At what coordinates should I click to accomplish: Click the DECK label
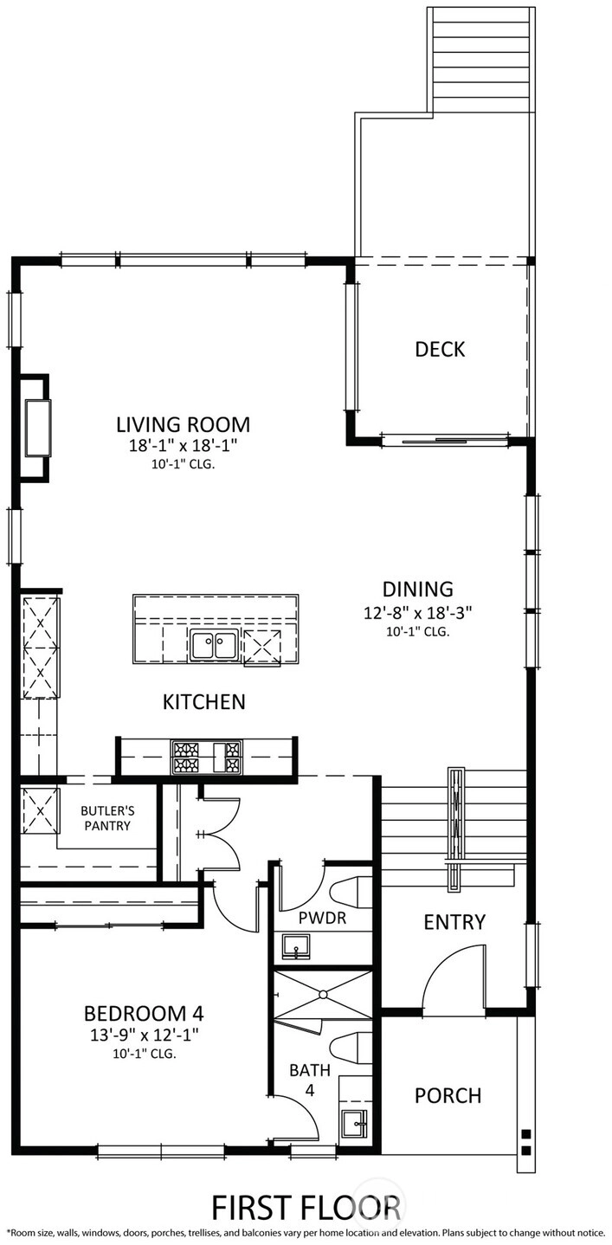point(440,349)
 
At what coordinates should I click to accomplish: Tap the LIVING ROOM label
point(183,424)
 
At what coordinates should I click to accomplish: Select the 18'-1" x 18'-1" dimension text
point(184,446)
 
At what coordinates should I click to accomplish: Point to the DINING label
point(417,589)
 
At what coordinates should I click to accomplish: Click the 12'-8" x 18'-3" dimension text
point(417,613)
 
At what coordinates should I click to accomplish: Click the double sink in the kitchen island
point(214,645)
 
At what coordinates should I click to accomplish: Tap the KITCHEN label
point(204,702)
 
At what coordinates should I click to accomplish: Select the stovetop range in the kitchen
point(206,757)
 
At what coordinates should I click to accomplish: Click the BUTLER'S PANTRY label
point(107,819)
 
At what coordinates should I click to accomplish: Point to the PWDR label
point(322,918)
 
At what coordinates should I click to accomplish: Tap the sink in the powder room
point(296,946)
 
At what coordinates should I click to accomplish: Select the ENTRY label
point(454,922)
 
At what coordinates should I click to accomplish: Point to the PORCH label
point(448,1095)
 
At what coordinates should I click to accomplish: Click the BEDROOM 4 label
point(144,1014)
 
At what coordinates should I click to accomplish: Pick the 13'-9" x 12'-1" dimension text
point(145,1035)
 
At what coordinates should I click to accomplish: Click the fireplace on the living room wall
point(35,428)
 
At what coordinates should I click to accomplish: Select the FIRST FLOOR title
point(306,1208)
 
